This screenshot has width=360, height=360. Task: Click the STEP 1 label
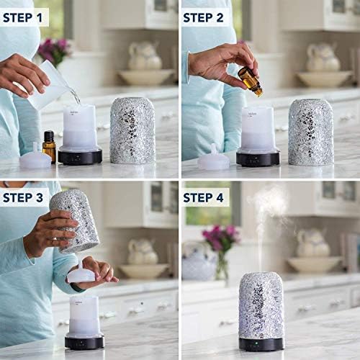22,18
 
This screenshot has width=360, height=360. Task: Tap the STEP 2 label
203,18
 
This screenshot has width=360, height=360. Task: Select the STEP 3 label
23,198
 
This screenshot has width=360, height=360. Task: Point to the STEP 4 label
203,198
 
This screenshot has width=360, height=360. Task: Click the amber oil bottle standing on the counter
49,146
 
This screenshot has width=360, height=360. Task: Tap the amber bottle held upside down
251,81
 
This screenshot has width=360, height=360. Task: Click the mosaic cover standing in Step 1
132,130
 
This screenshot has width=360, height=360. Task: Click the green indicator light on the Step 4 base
256,343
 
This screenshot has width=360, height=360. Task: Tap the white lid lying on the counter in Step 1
35,156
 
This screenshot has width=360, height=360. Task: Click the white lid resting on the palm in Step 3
81,273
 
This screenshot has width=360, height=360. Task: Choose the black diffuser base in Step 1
80,156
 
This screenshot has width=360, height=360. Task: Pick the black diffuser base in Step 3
84,343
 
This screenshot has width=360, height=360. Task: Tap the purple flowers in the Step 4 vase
220,236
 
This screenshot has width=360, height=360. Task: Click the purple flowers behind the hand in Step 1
55,50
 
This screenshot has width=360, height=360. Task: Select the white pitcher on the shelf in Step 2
323,58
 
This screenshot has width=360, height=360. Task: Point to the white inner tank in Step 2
258,128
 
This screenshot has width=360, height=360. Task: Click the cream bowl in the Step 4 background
315,264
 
